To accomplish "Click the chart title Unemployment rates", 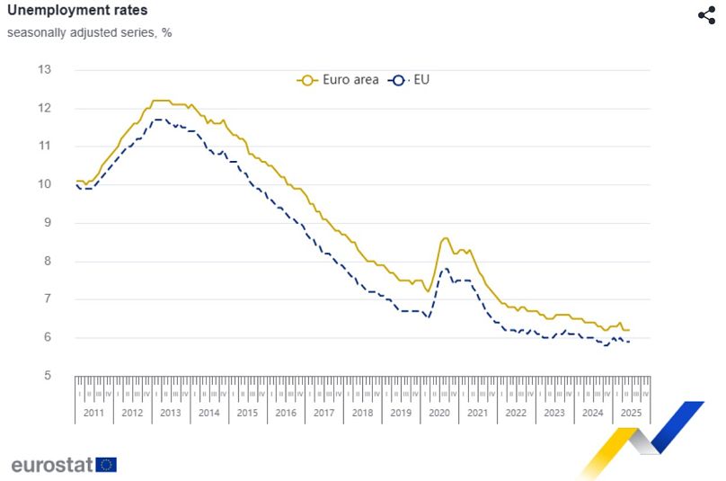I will point(65,11).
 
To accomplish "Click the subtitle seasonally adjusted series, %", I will point(90,32).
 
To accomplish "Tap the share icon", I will point(706,14).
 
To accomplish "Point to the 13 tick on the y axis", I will point(44,69).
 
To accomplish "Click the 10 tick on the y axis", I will point(44,184).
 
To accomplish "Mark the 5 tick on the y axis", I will point(46,376).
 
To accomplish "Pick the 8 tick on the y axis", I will point(46,262).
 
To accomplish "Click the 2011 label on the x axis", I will point(93,413).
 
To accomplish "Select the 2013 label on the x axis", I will point(170,413).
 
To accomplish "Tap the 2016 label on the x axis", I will point(285,413).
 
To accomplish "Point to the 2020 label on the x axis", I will point(438,413).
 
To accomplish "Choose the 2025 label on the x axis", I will point(630,413).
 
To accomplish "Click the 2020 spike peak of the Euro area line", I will point(445,238).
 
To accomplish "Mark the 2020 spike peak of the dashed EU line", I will point(445,269).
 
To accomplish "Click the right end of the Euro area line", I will point(629,330).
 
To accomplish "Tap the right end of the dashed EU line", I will point(629,342).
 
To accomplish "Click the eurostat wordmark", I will point(52,464).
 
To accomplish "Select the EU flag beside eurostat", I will point(106,464).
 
